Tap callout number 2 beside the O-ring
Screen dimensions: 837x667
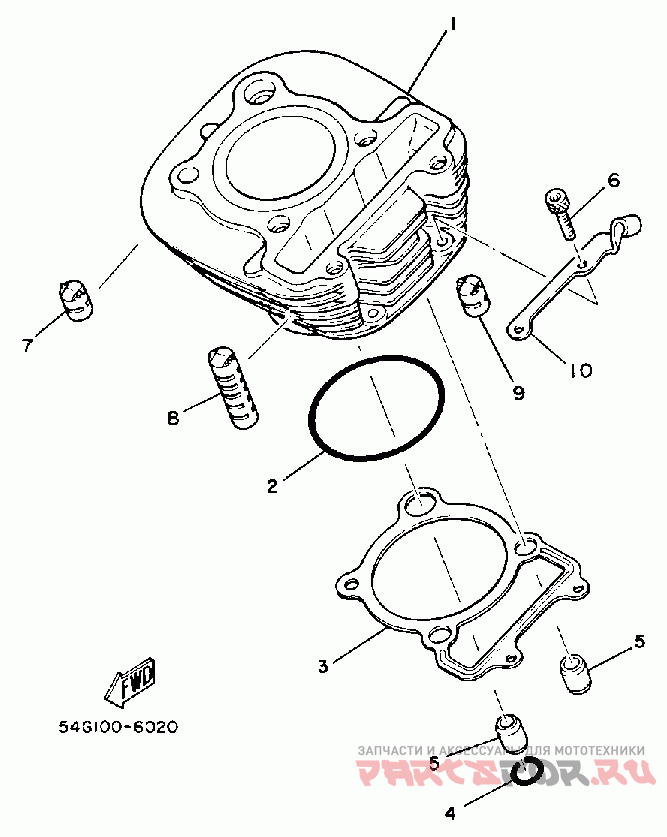pos(271,487)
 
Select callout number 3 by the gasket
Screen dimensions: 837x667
pos(323,665)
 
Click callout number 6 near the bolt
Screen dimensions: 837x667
pos(613,181)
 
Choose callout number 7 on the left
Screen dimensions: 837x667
pos(27,346)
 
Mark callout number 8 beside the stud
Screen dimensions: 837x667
pos(173,419)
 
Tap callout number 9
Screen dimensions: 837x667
pos(518,393)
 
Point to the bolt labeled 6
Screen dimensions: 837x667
pos(561,211)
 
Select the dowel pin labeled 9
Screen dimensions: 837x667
pos(474,293)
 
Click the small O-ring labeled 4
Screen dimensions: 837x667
pos(528,771)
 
